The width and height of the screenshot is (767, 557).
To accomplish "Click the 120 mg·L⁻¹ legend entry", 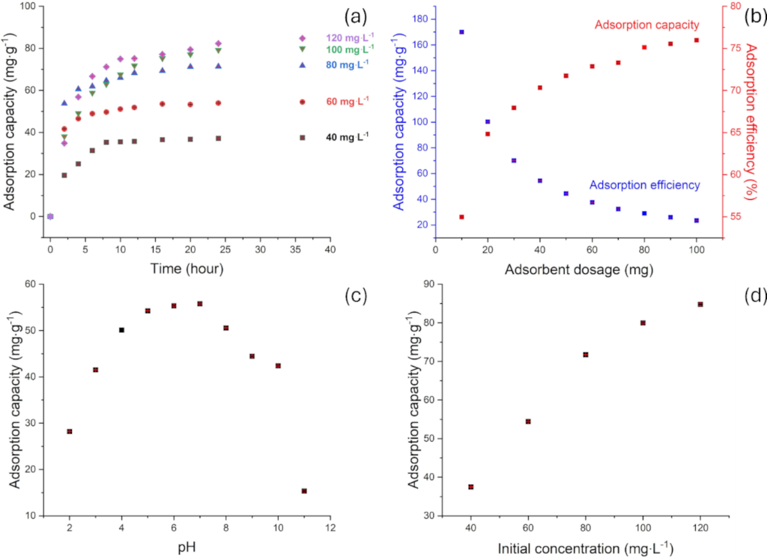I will (x=348, y=38).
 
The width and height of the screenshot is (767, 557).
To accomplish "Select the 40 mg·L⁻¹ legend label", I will (x=348, y=138).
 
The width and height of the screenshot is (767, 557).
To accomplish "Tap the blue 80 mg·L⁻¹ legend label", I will (x=348, y=65).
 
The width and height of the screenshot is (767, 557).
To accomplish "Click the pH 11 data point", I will (x=304, y=491).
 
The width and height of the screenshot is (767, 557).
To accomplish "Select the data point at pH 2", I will (x=70, y=431).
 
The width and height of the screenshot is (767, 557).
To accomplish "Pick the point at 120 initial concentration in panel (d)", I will (x=700, y=304).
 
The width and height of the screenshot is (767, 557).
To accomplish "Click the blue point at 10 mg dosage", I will (x=461, y=32).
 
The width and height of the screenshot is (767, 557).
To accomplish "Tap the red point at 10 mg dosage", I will (x=461, y=217).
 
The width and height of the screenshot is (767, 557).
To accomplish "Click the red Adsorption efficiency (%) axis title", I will (x=754, y=131).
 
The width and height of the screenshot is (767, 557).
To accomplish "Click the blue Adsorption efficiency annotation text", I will (x=644, y=185).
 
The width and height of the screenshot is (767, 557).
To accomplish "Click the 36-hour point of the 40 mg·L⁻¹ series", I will (x=303, y=138).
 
